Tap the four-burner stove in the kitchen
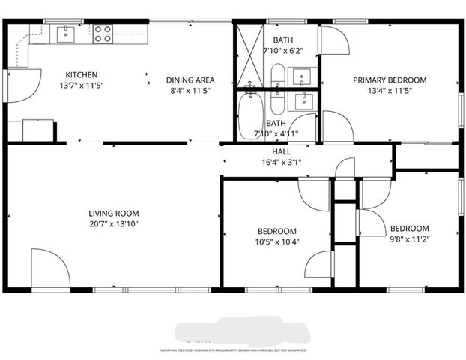(103, 33)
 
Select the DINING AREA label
(190, 79)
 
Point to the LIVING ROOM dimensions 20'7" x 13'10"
(113, 223)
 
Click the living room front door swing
(49, 267)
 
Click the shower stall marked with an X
(247, 56)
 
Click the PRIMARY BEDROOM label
(390, 79)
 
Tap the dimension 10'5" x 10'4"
(277, 241)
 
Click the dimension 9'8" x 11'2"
(408, 239)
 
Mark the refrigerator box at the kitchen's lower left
(37, 130)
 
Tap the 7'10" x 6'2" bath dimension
(282, 50)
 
